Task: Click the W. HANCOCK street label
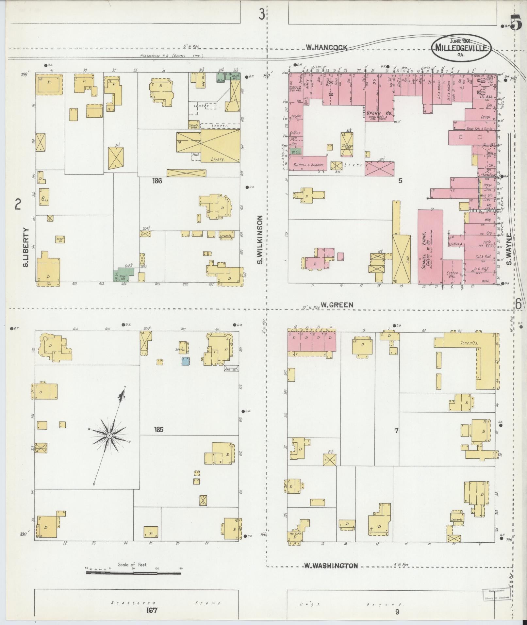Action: (326, 47)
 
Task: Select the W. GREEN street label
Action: (337, 305)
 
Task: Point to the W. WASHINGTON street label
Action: (331, 566)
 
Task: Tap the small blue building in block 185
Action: (186, 361)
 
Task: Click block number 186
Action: (157, 181)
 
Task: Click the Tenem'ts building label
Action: (469, 343)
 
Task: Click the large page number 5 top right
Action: (516, 23)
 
